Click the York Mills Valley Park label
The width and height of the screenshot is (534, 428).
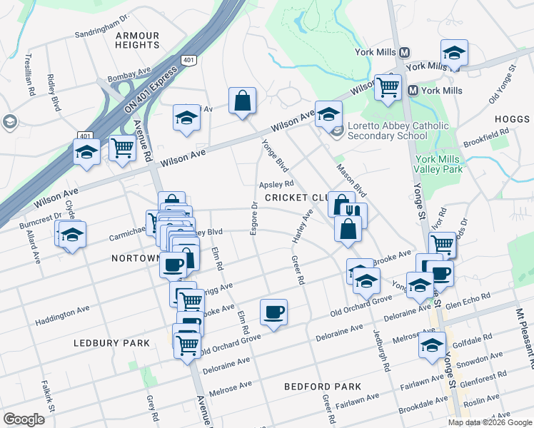[x=438, y=164]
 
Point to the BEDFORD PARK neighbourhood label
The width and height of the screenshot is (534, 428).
[x=316, y=387]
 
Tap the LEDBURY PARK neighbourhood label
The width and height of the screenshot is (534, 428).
[x=112, y=343]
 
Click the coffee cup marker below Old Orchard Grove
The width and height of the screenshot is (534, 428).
[x=273, y=312]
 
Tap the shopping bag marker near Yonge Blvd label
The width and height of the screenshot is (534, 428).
[x=242, y=101]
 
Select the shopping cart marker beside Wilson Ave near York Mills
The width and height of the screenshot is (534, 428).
[x=388, y=87]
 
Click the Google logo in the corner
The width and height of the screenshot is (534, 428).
[x=24, y=419]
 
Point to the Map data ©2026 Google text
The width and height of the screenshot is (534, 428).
[x=490, y=422]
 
